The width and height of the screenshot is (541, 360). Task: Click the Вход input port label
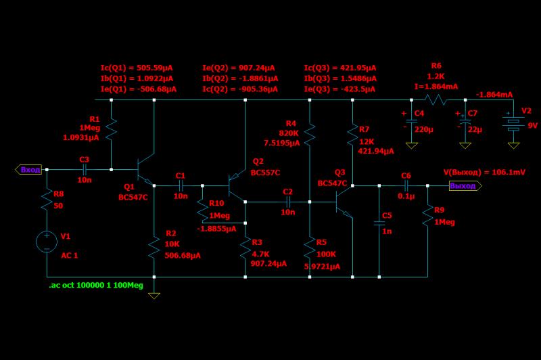(x=28, y=169)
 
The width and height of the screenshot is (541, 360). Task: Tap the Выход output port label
(x=465, y=185)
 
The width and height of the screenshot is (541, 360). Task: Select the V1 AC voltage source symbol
(x=47, y=242)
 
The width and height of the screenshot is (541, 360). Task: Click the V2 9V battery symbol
(x=513, y=124)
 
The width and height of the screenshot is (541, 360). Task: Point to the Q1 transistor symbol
(x=145, y=169)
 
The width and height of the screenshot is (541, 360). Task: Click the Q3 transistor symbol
(x=344, y=202)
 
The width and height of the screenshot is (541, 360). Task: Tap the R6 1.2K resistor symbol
(x=435, y=99)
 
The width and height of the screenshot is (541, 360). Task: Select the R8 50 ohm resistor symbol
(x=47, y=200)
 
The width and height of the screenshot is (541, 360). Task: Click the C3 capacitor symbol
(x=85, y=169)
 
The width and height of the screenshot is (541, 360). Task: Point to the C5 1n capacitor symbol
(x=379, y=223)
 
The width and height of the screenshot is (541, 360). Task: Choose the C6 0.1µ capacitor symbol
(x=406, y=185)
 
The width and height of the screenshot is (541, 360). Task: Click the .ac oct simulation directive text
(x=96, y=286)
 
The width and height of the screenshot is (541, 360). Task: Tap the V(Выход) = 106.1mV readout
(x=484, y=172)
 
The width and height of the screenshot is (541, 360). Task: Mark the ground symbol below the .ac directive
(x=154, y=296)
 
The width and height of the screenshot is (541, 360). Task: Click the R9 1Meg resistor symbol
(x=427, y=216)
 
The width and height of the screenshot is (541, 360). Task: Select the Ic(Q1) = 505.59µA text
(x=137, y=68)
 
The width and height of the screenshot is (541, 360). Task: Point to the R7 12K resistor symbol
(x=352, y=135)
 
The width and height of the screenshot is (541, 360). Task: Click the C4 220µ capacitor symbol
(x=411, y=121)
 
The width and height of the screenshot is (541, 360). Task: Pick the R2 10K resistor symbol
(x=154, y=248)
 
